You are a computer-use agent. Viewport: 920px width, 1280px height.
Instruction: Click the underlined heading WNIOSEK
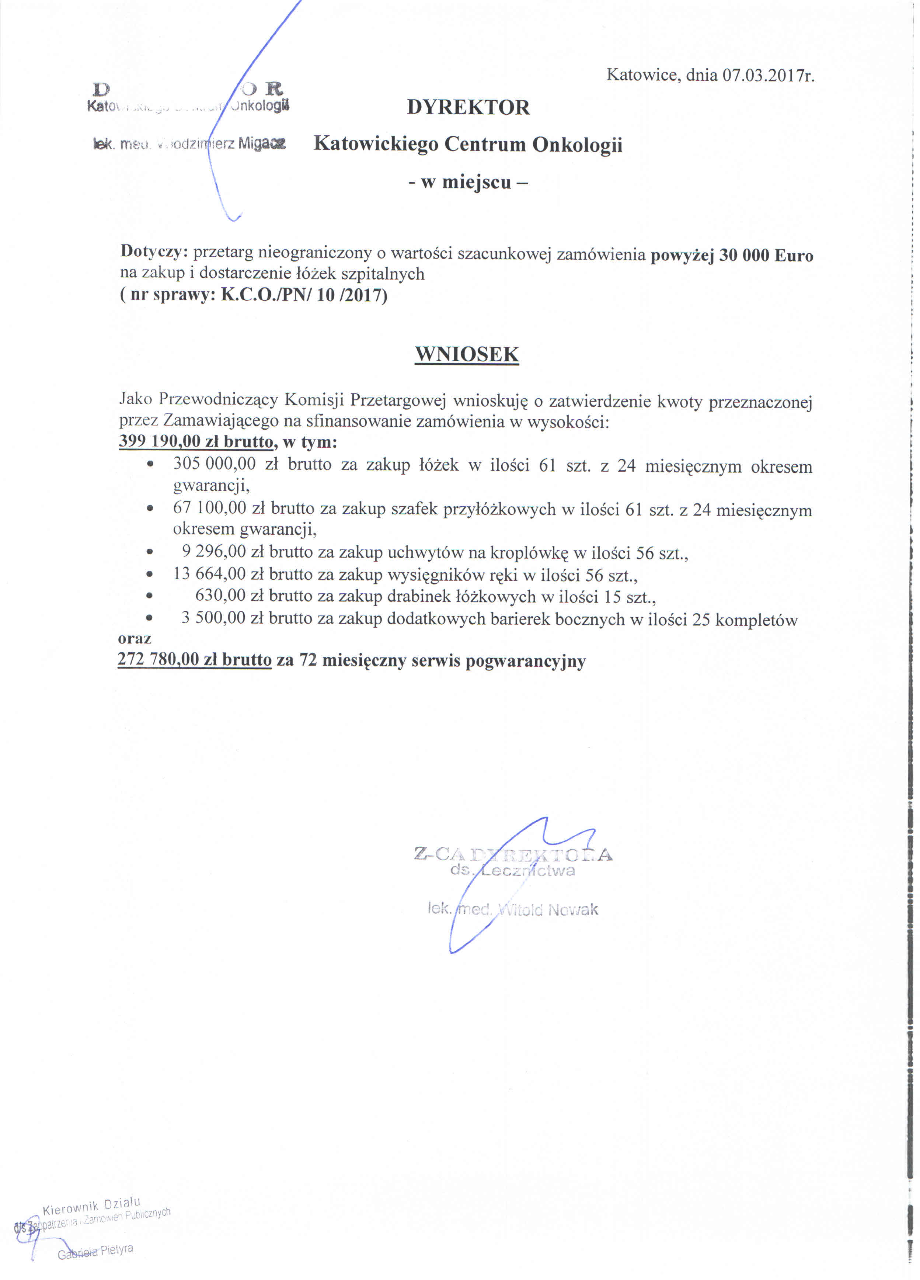pos(467,354)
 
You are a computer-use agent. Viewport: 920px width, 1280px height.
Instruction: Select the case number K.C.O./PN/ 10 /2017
pos(302,295)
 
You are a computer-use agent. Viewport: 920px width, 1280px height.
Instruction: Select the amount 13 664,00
pos(209,574)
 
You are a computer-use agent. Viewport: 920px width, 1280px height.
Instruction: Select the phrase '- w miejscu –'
pos(468,182)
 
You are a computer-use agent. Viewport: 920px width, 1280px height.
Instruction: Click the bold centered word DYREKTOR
pos(468,107)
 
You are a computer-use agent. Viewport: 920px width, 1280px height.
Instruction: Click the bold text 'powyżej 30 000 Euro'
pos(732,255)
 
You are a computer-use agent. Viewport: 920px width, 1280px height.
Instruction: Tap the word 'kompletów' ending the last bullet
pos(756,620)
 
